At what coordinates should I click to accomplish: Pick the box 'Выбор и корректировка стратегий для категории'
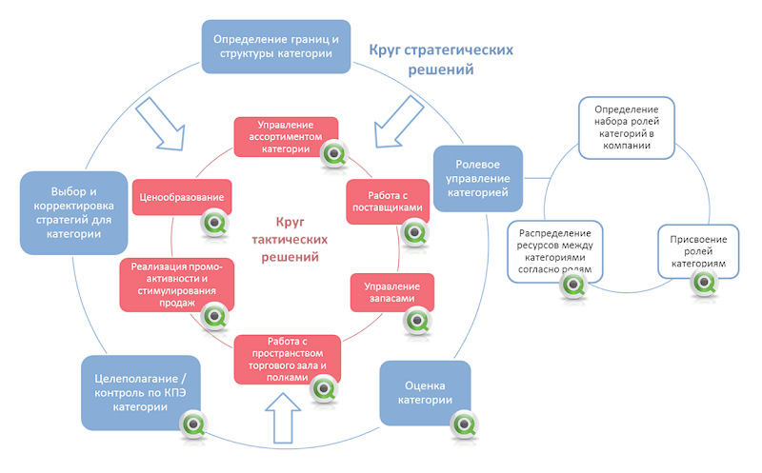73,212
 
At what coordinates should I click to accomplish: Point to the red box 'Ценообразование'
179,198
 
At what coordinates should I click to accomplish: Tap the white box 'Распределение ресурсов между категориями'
555,251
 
